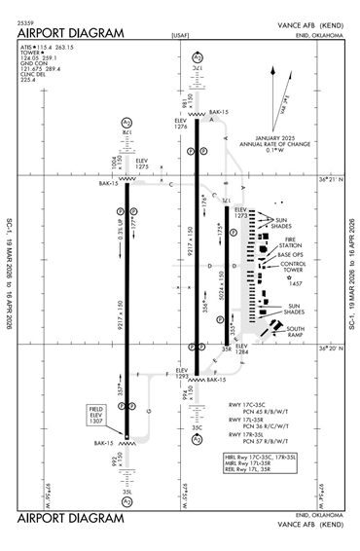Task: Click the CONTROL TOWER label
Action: coord(295,267)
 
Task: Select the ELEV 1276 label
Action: coord(181,124)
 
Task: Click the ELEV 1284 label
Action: coord(240,349)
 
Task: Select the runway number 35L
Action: coord(126,492)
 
